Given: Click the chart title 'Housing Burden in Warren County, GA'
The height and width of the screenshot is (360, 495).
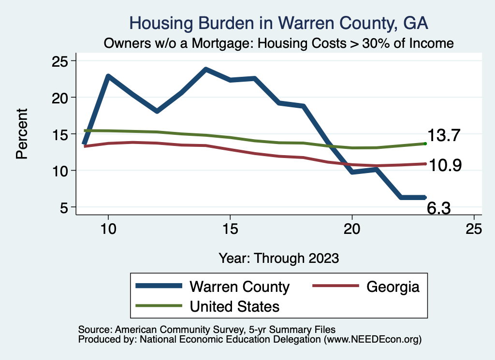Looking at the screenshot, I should pyautogui.click(x=279, y=23).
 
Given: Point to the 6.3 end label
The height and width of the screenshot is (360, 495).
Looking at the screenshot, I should pyautogui.click(x=439, y=208).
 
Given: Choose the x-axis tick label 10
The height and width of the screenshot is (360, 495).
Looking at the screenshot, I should pyautogui.click(x=108, y=230).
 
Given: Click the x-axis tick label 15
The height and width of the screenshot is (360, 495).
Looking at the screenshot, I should pyautogui.click(x=230, y=230).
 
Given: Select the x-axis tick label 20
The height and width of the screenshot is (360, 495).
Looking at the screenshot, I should pyautogui.click(x=352, y=230).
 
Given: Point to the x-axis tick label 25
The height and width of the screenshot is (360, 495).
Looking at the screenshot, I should pyautogui.click(x=474, y=230).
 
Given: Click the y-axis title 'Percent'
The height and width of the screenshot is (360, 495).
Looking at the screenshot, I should pyautogui.click(x=21, y=134).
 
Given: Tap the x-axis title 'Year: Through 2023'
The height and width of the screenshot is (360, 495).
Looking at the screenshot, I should pyautogui.click(x=278, y=258).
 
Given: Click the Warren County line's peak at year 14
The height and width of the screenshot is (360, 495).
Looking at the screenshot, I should pyautogui.click(x=206, y=70).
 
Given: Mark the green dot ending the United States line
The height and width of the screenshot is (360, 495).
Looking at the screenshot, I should pyautogui.click(x=425, y=144).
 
